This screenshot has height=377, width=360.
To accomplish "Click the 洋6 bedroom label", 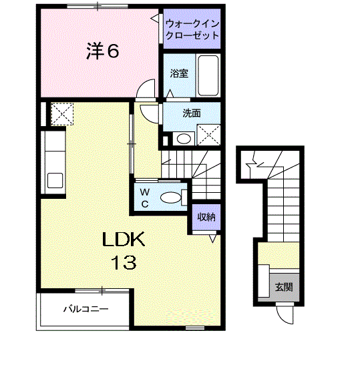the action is tap(102, 51).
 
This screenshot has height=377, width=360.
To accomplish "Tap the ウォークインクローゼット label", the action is tap(192, 29).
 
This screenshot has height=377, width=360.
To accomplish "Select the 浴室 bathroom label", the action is tap(179, 73).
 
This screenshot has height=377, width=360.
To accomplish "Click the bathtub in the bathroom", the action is tap(208, 75).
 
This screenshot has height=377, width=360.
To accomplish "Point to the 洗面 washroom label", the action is tap(192, 113).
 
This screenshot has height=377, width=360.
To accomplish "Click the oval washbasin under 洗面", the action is tap(184, 139).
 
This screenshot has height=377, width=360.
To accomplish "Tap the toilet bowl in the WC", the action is tap(170, 198).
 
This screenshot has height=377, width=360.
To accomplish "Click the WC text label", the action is tap(145, 198).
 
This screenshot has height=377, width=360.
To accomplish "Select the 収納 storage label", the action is tap(206, 217).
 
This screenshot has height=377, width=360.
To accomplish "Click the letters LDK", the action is tap(124, 240).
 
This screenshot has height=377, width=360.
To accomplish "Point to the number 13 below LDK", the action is tap(124, 262).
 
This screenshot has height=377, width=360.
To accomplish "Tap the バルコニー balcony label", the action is tap(85, 309).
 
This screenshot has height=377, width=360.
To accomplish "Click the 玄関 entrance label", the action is tap(284, 287).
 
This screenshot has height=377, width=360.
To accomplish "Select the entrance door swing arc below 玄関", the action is tap(282, 318).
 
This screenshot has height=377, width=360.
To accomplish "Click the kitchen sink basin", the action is tap(55, 180).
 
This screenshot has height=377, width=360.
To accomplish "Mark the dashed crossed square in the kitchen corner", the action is tap(62, 113).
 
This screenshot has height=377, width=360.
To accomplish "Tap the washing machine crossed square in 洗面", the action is tap(208, 135).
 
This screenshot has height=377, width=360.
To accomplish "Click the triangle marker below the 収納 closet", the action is tap(212, 238).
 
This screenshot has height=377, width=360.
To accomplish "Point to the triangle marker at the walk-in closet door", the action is tap(154, 18).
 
